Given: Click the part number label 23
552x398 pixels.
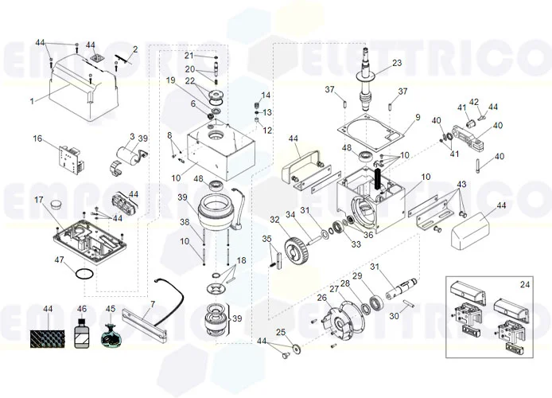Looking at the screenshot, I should tap(397, 63).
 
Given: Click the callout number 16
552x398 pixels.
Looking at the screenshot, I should tap(37, 139).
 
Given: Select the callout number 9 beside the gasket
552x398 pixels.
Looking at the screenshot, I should tap(416, 118).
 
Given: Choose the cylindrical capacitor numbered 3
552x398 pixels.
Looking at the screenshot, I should tap(123, 155).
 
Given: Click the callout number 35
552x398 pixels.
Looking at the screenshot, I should tap(266, 238).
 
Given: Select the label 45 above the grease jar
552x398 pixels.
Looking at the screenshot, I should tap(111, 309).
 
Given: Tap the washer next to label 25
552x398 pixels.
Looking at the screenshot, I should tap(296, 348).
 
